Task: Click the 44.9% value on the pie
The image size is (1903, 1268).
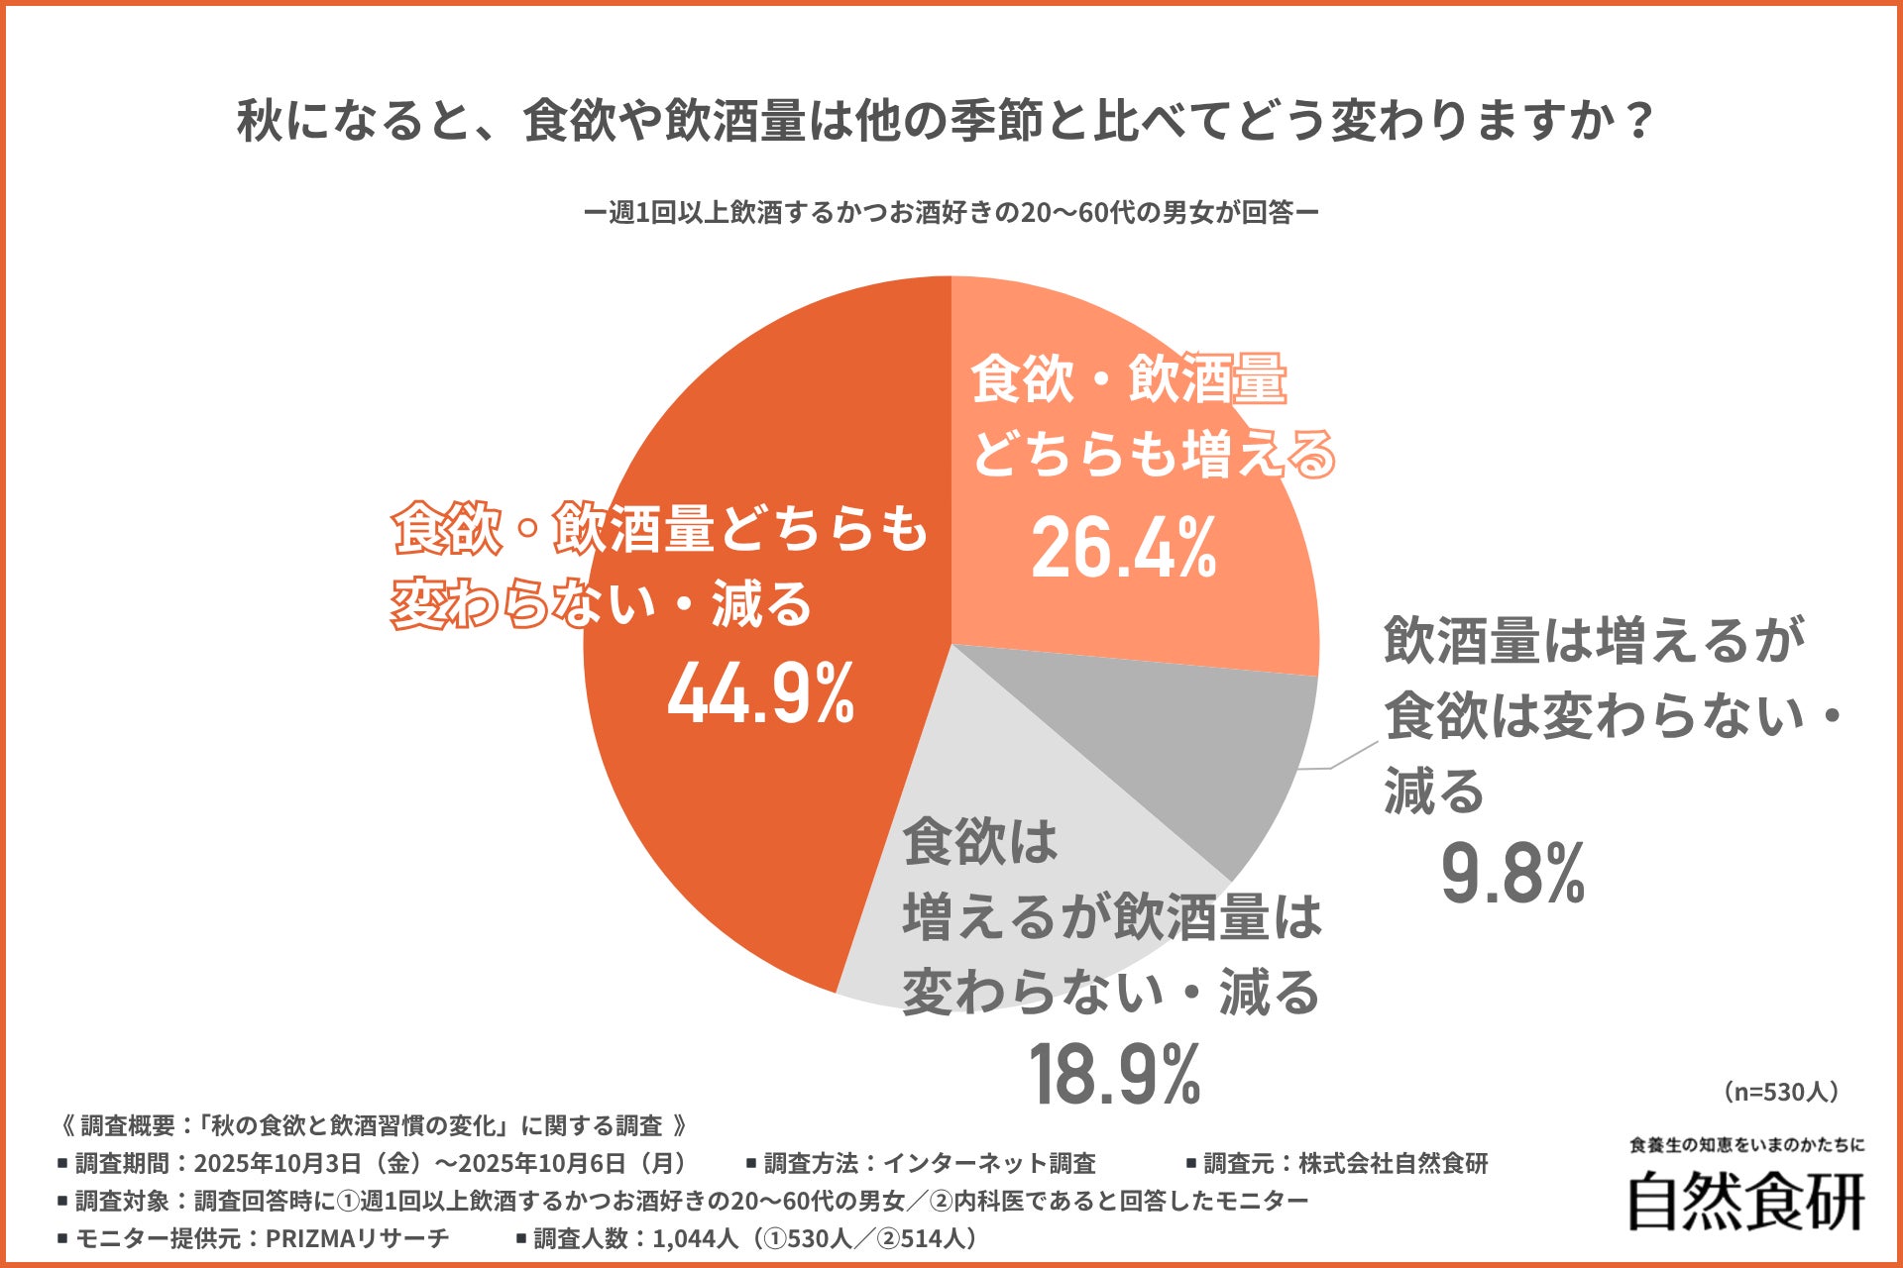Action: click(761, 694)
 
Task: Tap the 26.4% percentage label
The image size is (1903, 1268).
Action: click(1123, 550)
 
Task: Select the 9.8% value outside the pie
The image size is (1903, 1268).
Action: click(1512, 874)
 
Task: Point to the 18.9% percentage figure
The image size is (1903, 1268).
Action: click(1115, 1075)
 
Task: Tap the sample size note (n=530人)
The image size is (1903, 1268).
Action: click(1781, 1092)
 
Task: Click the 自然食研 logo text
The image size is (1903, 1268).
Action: click(1746, 1202)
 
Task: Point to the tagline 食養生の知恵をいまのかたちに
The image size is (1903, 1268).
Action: click(1746, 1145)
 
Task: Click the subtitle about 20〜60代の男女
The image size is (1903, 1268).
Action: click(951, 213)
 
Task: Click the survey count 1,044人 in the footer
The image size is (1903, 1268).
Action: click(694, 1238)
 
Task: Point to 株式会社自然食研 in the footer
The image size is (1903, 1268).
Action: click(1393, 1163)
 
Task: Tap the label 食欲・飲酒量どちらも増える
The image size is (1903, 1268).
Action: click(1150, 416)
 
